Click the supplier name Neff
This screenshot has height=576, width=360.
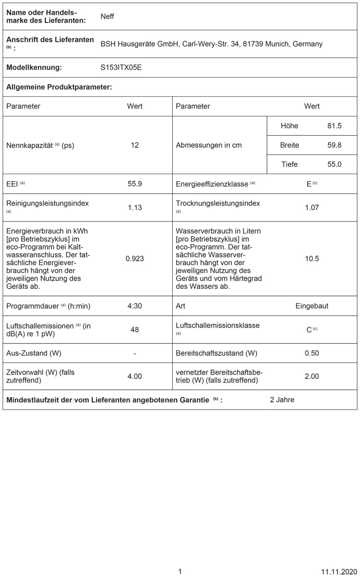(x=107, y=17)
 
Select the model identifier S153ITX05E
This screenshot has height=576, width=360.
(x=121, y=68)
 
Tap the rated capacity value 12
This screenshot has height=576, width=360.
(x=135, y=145)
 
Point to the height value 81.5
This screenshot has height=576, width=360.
(x=334, y=126)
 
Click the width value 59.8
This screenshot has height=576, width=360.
(x=334, y=145)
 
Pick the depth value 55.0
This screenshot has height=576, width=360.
(x=334, y=165)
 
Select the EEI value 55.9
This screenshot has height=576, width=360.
(x=135, y=184)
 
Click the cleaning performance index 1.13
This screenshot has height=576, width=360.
(x=135, y=208)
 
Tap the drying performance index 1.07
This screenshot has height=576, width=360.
(x=312, y=208)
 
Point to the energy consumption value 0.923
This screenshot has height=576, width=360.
(x=135, y=259)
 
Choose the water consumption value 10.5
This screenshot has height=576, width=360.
(x=312, y=259)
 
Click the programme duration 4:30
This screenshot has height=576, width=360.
(x=135, y=306)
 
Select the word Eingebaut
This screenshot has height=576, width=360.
(x=312, y=306)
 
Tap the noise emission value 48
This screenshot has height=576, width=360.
(x=135, y=329)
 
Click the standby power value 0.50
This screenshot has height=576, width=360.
(x=312, y=353)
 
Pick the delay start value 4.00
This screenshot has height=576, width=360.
(x=135, y=377)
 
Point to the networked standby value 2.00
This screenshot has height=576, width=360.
(x=312, y=377)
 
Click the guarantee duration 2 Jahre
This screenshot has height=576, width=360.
(x=282, y=400)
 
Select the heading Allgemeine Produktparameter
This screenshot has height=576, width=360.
(x=59, y=87)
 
